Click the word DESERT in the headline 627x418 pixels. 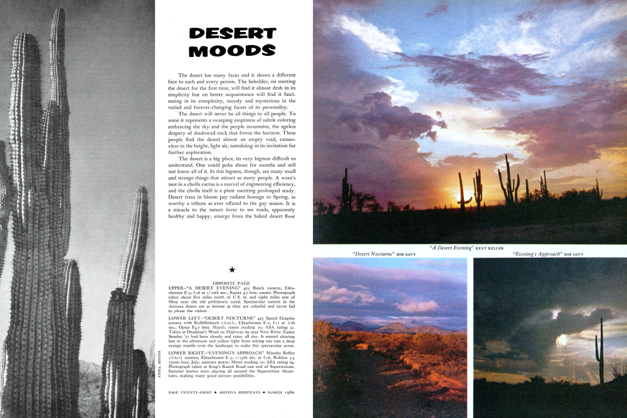tap(232, 33)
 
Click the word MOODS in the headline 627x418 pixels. tap(232, 51)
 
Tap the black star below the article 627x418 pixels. tap(232, 269)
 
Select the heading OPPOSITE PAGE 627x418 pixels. tap(232, 283)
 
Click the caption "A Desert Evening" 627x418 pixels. tap(451, 248)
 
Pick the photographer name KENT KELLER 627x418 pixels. tap(489, 248)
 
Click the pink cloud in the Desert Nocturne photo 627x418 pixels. tap(416, 306)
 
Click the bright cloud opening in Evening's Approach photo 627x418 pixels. tap(562, 339)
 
